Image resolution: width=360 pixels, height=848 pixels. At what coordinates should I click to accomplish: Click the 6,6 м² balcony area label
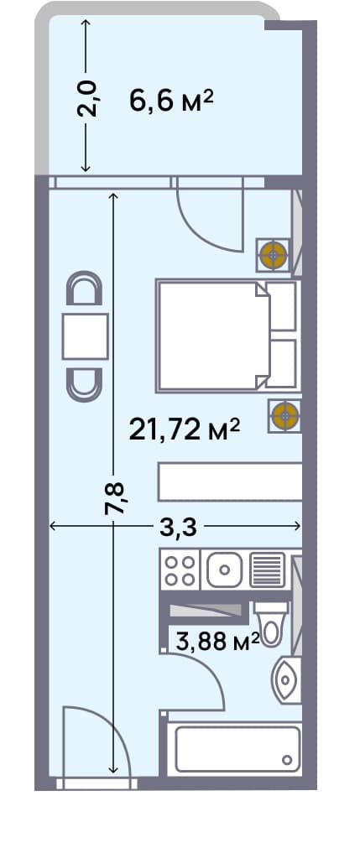(x=171, y=101)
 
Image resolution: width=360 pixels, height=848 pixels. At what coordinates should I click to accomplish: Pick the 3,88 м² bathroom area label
(x=215, y=642)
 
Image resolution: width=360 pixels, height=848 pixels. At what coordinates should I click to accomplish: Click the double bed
(x=214, y=336)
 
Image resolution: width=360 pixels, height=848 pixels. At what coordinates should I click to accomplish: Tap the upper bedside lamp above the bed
(x=273, y=253)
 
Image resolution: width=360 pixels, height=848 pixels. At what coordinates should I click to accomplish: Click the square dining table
(x=85, y=336)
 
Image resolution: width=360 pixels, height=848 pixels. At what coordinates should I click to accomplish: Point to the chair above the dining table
(x=85, y=290)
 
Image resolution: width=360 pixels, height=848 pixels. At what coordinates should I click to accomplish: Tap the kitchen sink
(x=223, y=571)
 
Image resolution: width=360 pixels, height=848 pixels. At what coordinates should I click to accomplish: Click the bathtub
(x=234, y=749)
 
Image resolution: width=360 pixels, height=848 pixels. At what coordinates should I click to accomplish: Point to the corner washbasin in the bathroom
(x=286, y=679)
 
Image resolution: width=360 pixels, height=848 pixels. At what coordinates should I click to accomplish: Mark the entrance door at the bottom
(x=94, y=747)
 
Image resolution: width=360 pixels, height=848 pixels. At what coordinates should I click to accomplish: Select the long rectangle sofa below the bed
(x=230, y=483)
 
